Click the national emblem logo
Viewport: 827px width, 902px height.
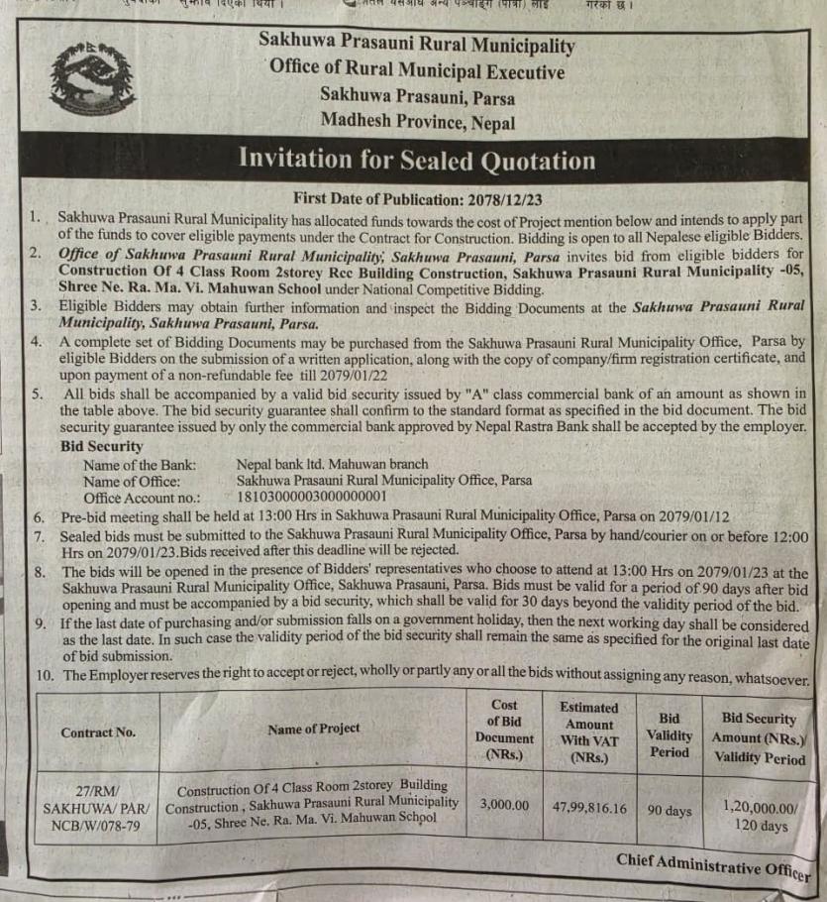(x=91, y=79)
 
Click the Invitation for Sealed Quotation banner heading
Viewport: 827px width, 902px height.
(x=416, y=160)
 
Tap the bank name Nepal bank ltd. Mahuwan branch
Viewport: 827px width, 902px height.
(x=332, y=464)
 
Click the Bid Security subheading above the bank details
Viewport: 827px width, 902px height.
(x=101, y=447)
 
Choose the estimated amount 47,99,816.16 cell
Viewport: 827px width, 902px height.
(x=589, y=808)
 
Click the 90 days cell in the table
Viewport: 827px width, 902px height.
(x=670, y=811)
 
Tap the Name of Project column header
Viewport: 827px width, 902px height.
(x=313, y=729)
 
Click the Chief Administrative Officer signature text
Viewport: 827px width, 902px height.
(x=712, y=865)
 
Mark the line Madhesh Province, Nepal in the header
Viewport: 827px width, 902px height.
(x=417, y=122)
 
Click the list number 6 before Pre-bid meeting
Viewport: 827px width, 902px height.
(x=39, y=516)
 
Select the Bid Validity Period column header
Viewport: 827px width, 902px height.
(x=669, y=734)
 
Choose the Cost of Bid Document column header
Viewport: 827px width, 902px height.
(x=504, y=730)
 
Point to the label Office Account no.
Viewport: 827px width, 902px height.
(x=142, y=498)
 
